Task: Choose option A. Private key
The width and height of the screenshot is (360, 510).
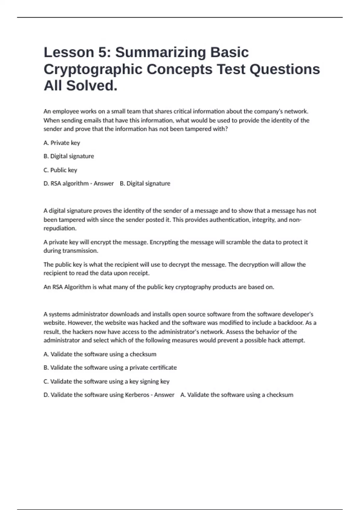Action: [x=62, y=143]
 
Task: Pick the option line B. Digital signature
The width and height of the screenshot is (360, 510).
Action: [x=69, y=156]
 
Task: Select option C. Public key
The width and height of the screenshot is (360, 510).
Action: [x=60, y=170]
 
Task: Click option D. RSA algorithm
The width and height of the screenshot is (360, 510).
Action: [x=66, y=183]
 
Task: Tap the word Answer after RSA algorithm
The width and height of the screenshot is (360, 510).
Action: [x=103, y=183]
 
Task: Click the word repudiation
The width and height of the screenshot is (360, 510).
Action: [x=60, y=228]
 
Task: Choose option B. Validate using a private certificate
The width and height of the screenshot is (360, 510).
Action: [x=110, y=367]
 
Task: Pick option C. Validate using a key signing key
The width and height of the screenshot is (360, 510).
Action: [x=106, y=381]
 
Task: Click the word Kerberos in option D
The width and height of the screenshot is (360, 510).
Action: [x=137, y=395]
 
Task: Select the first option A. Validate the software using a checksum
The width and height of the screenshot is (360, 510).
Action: [x=100, y=354]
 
